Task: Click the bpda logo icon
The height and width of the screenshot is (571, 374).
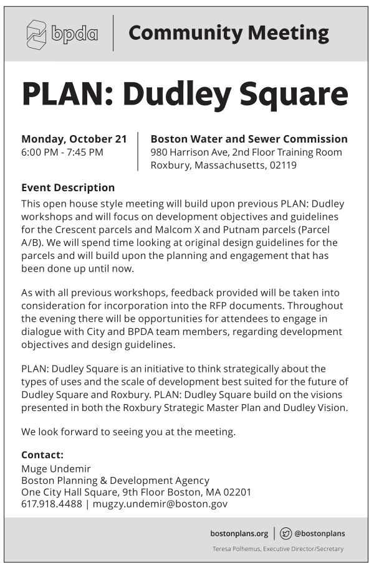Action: click(36, 34)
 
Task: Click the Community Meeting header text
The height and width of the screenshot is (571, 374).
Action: click(228, 33)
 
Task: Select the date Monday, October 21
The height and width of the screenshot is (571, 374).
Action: click(74, 138)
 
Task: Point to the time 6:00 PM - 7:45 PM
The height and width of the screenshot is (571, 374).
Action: click(62, 152)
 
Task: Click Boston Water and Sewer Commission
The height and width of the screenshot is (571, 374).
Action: click(249, 138)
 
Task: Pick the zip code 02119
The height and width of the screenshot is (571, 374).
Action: click(282, 166)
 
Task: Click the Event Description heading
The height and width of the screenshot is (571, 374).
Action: click(68, 187)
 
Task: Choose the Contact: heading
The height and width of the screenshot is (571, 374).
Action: click(42, 455)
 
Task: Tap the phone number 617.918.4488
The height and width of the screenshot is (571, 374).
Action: click(51, 504)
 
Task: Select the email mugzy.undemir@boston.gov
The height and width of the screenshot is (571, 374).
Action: click(160, 504)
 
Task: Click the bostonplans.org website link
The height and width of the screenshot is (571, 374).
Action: click(239, 533)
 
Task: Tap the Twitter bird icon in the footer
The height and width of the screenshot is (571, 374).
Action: click(286, 533)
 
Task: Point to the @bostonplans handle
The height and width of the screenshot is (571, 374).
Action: click(319, 533)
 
